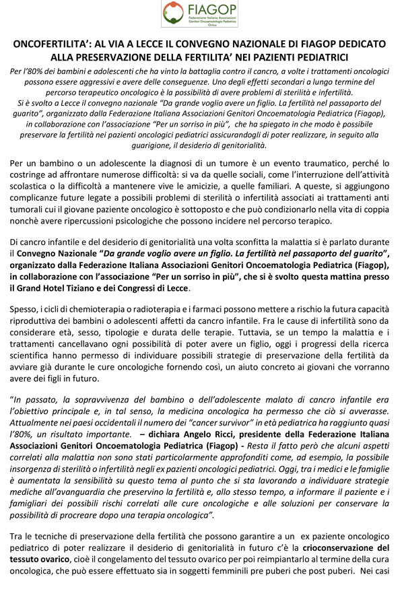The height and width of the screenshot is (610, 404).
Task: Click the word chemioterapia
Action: pyautogui.click(x=100, y=312)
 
